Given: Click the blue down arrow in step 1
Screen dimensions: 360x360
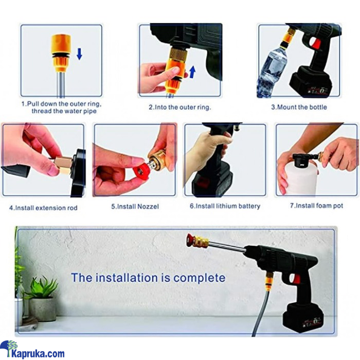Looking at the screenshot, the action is (x=79, y=53).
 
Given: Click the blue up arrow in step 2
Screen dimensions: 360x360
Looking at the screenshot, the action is (x=192, y=71).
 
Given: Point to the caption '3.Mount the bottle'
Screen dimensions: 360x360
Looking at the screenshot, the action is (x=299, y=107).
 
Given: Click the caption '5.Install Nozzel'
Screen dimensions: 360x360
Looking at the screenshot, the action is (x=135, y=206).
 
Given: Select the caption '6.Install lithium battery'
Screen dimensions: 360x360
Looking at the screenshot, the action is (x=225, y=206).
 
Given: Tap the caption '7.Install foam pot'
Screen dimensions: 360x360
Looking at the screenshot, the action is (x=316, y=206).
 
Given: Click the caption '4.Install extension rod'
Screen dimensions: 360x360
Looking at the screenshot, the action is (x=43, y=208).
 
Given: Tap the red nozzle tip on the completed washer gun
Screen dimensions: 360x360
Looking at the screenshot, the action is (x=190, y=240).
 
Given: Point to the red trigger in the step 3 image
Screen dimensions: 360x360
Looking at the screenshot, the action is (x=316, y=44).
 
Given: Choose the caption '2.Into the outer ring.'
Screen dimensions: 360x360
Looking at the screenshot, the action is (x=180, y=107).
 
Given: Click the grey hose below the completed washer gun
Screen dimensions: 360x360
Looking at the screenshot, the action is (x=262, y=313).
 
